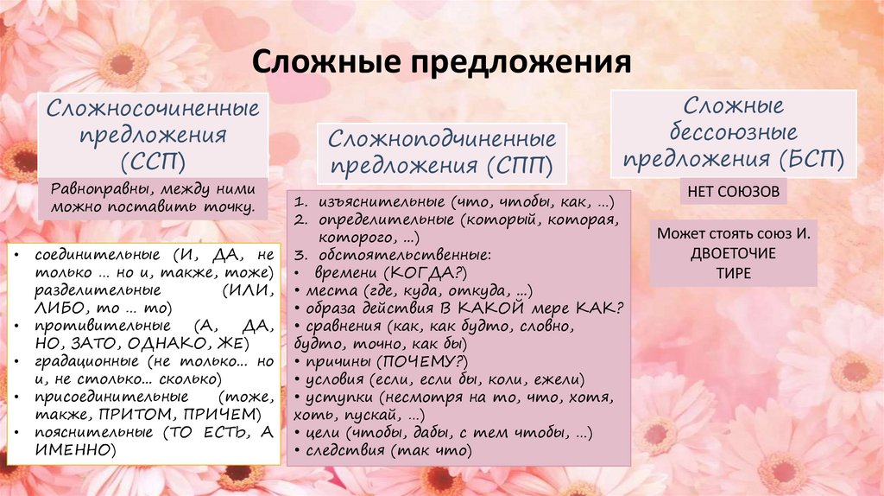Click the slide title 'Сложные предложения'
click(441, 65)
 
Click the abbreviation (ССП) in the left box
click(154, 163)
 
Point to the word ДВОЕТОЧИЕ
click(733, 254)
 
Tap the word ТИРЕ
click(733, 273)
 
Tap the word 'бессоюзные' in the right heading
click(736, 133)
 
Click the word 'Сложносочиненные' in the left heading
click(154, 110)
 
